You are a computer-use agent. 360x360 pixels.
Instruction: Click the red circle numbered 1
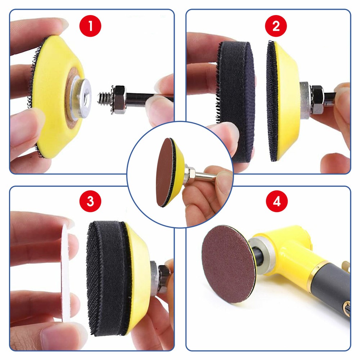(90, 26)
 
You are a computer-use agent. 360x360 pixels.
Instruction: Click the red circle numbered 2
(276, 26)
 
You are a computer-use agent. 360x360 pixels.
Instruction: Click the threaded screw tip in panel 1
(105, 97)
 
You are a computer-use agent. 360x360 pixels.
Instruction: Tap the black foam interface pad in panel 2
(236, 101)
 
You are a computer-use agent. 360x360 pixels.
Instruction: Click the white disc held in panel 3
(66, 274)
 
